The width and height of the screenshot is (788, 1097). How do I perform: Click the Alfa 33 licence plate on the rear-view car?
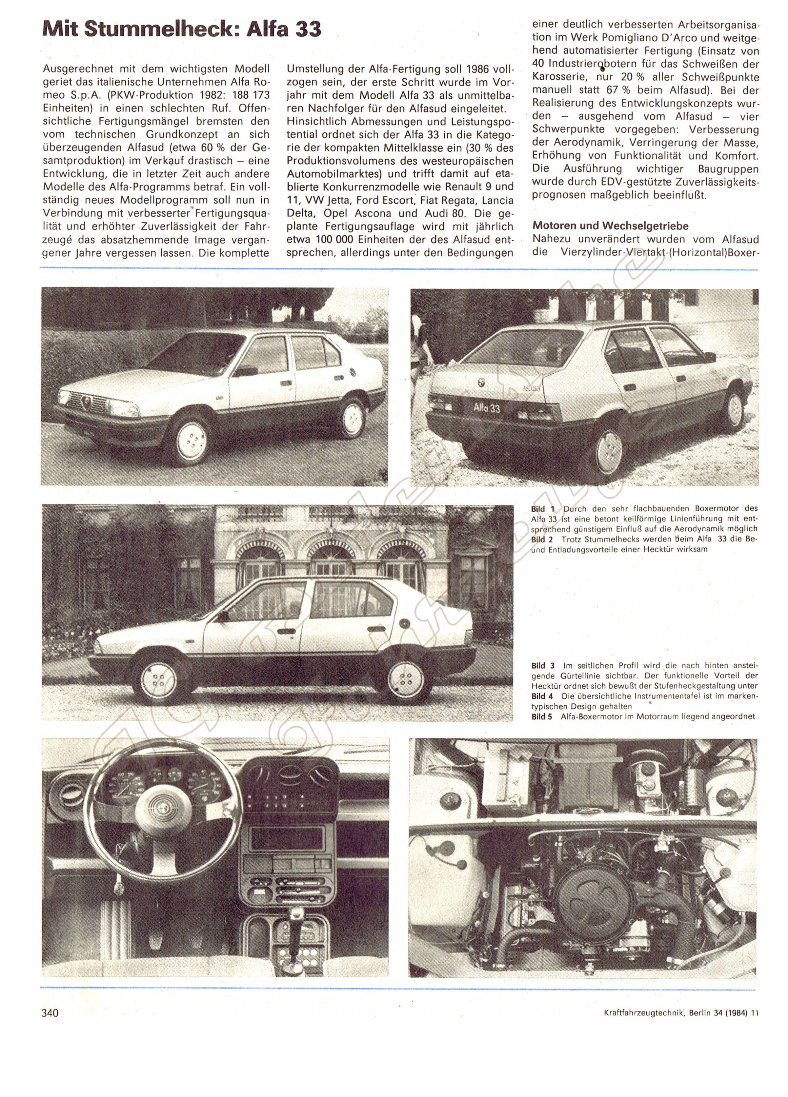(486, 408)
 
